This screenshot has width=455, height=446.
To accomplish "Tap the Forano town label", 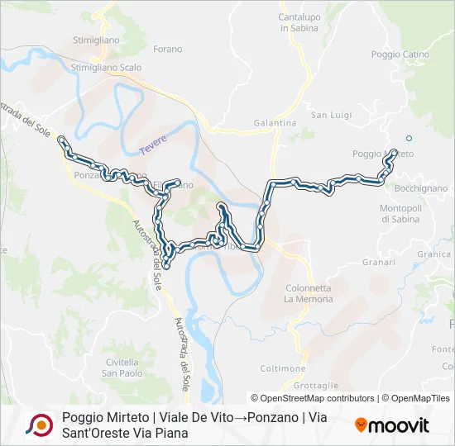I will [168, 50].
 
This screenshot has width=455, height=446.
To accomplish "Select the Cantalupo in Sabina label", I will [299, 22].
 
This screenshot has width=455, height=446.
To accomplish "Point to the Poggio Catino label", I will [400, 55].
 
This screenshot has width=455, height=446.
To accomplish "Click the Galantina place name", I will [275, 123].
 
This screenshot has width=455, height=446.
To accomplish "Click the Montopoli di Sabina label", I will [401, 213].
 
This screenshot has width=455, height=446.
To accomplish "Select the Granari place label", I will [379, 262].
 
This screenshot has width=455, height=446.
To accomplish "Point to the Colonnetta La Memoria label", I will [308, 293].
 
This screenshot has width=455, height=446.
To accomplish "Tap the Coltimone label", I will [286, 368].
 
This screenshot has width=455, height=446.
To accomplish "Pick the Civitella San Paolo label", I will [122, 367].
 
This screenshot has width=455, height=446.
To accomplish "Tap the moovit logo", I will [392, 425].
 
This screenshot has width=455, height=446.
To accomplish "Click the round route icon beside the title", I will [38, 425].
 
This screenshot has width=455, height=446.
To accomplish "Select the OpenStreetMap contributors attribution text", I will [316, 398].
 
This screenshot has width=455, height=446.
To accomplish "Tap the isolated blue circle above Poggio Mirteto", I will [408, 138].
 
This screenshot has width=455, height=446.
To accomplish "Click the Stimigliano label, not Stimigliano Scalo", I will [97, 39].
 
